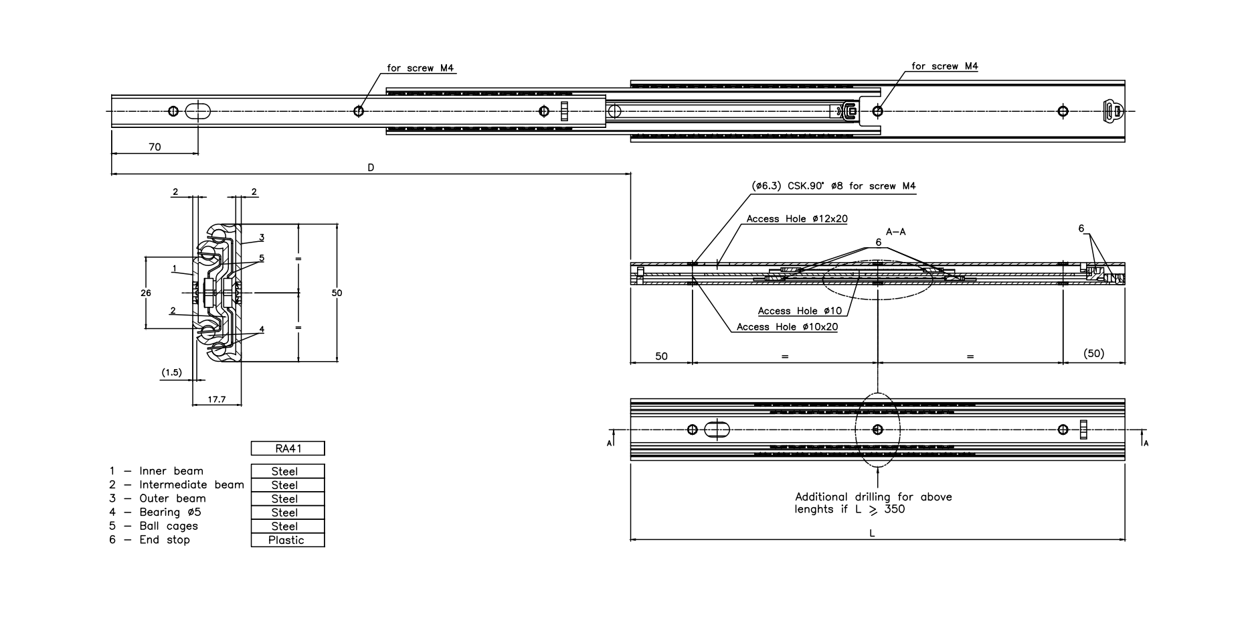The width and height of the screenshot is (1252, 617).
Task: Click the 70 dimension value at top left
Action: tap(155, 147)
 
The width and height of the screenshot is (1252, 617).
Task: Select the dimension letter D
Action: tap(371, 167)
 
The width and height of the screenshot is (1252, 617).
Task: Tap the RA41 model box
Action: tap(288, 448)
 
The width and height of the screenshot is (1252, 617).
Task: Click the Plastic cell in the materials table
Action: tap(287, 540)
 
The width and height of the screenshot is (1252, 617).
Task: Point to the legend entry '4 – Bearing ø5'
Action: tap(155, 512)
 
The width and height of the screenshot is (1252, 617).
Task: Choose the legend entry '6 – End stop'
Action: tap(150, 539)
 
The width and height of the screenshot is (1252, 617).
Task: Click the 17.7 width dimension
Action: tap(216, 399)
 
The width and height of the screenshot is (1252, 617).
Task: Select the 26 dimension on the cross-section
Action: tap(146, 293)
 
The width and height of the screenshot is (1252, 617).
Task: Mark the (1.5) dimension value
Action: tap(172, 372)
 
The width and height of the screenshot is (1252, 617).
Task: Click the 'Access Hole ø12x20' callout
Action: tap(797, 219)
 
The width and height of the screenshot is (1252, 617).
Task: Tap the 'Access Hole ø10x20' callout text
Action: tap(787, 327)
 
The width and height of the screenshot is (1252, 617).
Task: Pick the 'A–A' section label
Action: tap(895, 232)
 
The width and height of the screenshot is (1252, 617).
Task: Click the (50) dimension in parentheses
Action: tap(1093, 353)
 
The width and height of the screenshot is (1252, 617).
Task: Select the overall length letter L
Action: tap(872, 533)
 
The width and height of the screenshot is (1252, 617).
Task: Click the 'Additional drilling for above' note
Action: tap(873, 497)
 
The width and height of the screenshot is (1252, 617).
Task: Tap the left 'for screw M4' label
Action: tap(420, 68)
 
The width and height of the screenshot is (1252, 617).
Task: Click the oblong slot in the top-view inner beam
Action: tap(196, 111)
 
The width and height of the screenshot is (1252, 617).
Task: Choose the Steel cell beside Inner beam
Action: tap(287, 471)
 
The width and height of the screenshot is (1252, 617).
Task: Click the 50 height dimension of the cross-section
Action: tap(337, 293)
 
